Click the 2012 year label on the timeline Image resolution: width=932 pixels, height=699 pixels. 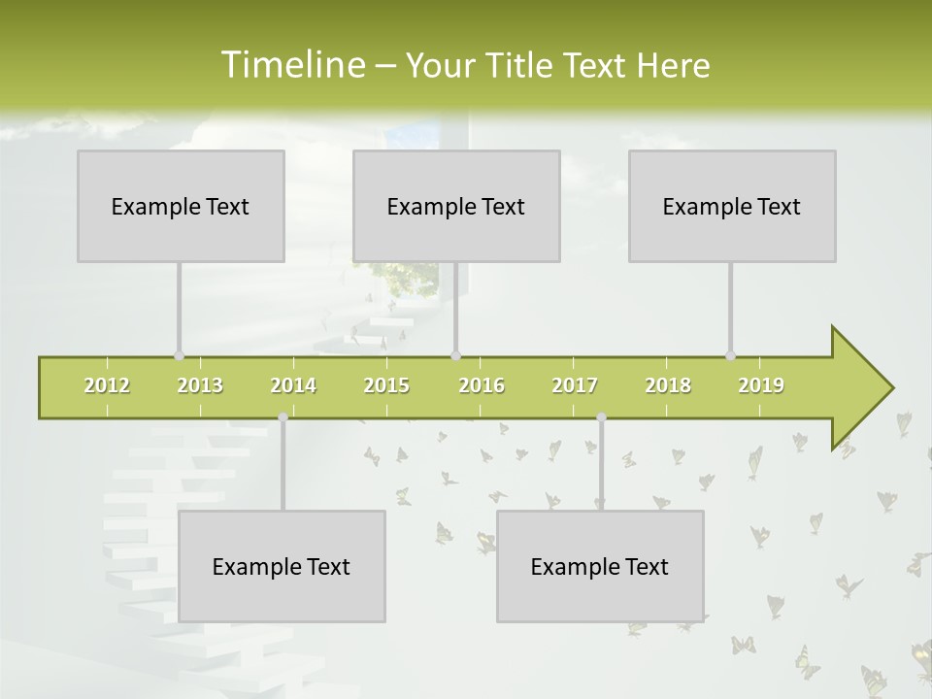click(x=107, y=385)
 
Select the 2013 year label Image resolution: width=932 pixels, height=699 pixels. click(x=200, y=385)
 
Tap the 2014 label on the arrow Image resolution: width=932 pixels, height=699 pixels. click(x=293, y=385)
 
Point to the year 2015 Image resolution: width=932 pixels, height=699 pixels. click(x=386, y=385)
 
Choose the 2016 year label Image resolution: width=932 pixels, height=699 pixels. click(x=482, y=385)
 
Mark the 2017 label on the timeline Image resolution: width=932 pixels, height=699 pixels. click(x=575, y=385)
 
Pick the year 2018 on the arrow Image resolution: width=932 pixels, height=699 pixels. click(x=668, y=385)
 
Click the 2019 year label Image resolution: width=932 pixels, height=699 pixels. click(x=761, y=385)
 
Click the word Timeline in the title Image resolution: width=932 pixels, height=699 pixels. click(x=291, y=65)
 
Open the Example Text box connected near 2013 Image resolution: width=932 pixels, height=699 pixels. click(x=181, y=206)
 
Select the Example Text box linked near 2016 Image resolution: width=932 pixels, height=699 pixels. click(x=456, y=206)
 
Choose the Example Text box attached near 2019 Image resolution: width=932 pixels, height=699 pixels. click(x=732, y=206)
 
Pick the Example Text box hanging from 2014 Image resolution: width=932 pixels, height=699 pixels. click(x=282, y=566)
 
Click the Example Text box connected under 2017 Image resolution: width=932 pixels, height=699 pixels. click(x=600, y=566)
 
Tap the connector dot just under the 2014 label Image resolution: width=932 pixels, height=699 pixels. click(x=283, y=417)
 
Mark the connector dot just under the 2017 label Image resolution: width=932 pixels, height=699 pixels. click(x=601, y=417)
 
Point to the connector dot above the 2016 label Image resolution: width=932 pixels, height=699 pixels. click(x=455, y=355)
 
